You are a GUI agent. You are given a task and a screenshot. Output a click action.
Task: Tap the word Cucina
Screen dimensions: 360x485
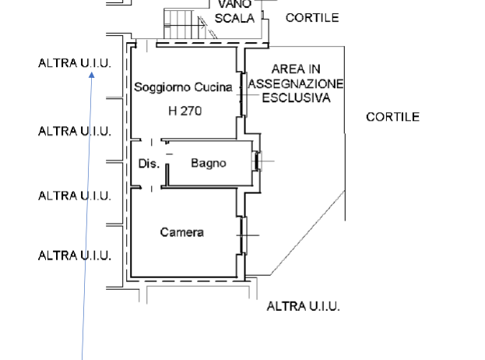[x=213, y=88]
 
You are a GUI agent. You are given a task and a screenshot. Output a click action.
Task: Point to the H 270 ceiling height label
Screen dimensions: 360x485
[x=185, y=111]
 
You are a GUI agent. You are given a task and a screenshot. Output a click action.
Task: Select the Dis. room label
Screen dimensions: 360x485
[x=149, y=164]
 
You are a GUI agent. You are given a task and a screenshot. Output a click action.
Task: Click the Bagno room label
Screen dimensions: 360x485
[x=209, y=164]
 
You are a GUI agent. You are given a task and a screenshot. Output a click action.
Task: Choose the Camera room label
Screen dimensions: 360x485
[x=182, y=232]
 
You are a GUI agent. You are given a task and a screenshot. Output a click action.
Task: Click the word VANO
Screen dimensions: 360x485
[x=234, y=5]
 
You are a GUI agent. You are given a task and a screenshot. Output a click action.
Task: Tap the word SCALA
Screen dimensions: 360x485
[x=234, y=18]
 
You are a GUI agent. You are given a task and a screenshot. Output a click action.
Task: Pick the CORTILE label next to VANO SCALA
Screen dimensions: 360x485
[x=312, y=18]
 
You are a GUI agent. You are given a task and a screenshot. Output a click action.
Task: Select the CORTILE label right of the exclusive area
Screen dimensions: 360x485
[x=392, y=118]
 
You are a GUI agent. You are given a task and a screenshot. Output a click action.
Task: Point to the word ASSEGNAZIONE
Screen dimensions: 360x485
[x=296, y=83]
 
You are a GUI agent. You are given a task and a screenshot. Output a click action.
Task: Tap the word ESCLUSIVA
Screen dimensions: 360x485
[x=296, y=98]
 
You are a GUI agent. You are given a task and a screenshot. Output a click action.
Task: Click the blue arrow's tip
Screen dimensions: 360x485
[x=92, y=72]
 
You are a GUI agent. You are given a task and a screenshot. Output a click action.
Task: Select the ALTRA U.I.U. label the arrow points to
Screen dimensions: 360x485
[x=75, y=63]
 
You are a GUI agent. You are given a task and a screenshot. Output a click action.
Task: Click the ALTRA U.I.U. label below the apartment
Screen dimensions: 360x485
[x=303, y=306]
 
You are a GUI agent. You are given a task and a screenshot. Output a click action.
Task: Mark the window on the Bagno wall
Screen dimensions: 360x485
[x=258, y=162]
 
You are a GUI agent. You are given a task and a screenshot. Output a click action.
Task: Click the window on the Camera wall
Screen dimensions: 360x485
[x=242, y=233]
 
